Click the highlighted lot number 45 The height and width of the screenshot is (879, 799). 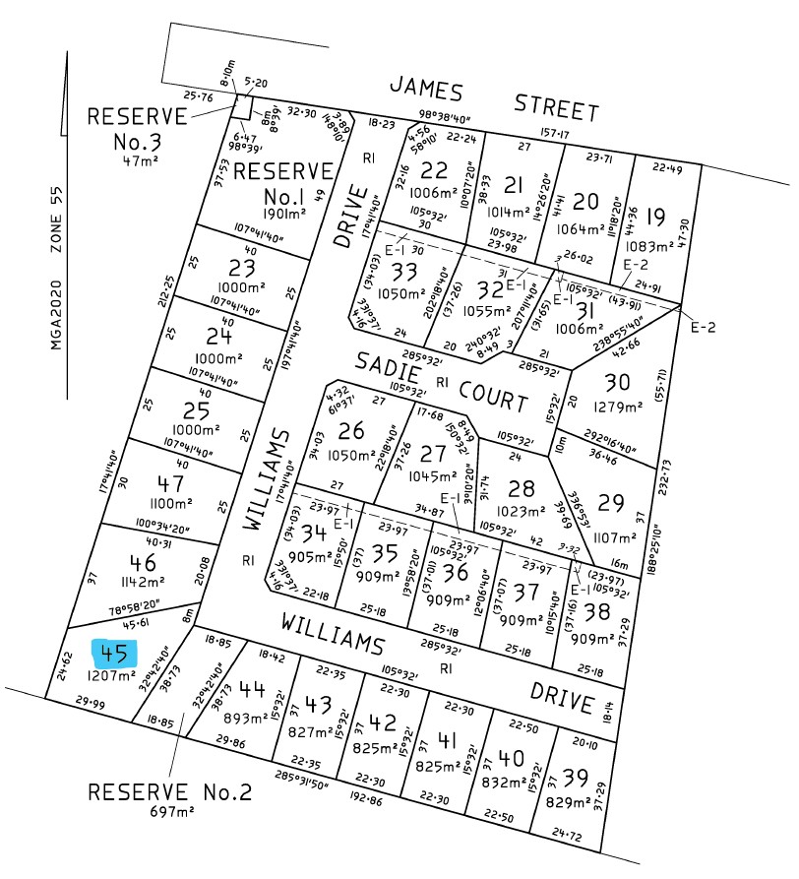[x=114, y=653]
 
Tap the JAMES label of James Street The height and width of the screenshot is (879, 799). [x=425, y=91]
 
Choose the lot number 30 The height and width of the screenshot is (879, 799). [x=617, y=382]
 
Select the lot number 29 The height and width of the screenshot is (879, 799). [x=611, y=502]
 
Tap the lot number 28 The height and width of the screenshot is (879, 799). [x=522, y=488]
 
